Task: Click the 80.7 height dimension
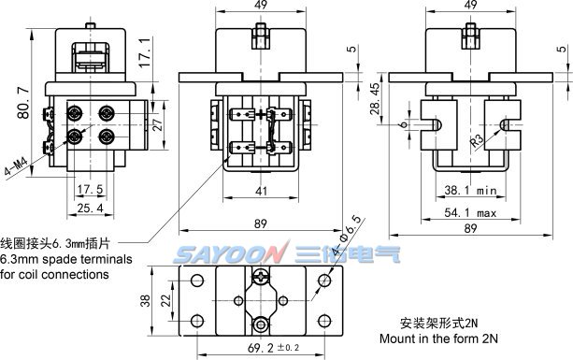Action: (x=23, y=103)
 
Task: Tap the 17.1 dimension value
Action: (x=145, y=52)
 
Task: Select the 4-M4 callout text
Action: (x=16, y=166)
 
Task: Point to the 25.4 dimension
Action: (x=91, y=209)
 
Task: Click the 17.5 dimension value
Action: (x=91, y=189)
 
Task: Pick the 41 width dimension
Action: (x=261, y=191)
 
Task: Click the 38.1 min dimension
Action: (x=471, y=190)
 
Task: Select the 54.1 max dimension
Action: (x=470, y=212)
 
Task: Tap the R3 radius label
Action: (x=477, y=140)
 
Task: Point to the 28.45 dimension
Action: (x=375, y=99)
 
